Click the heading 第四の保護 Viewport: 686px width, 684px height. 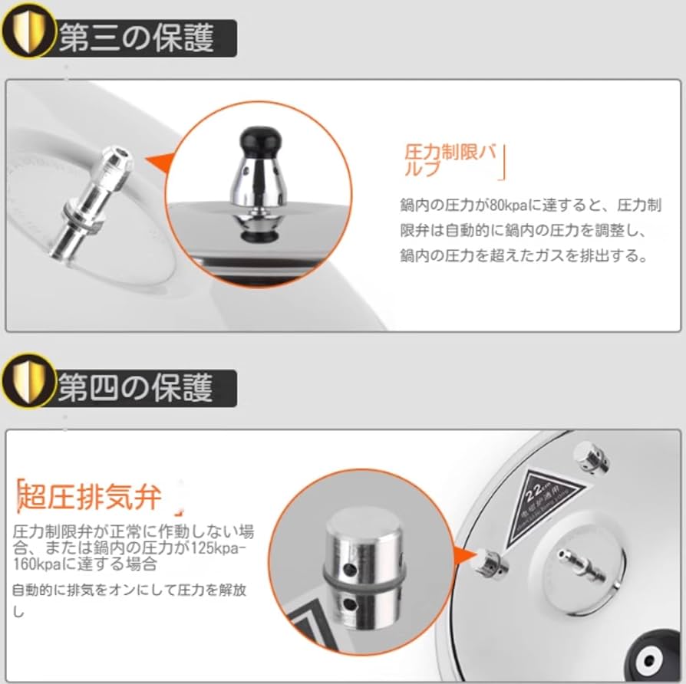tap(137, 387)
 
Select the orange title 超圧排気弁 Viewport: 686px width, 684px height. tap(90, 497)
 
